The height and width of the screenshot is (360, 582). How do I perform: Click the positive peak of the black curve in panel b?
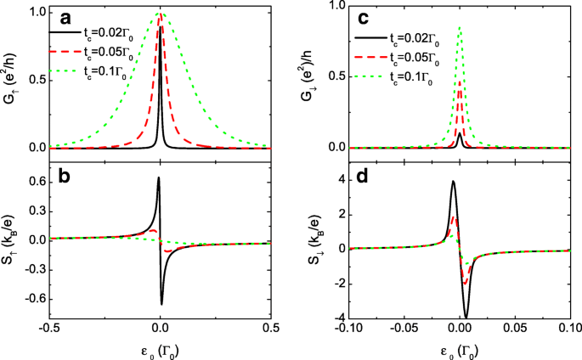click(x=159, y=177)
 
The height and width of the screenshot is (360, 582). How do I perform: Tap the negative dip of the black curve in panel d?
click(x=466, y=317)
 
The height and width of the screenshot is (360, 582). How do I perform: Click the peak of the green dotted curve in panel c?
click(x=460, y=27)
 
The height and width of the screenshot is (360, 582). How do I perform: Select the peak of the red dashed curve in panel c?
click(x=460, y=82)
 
